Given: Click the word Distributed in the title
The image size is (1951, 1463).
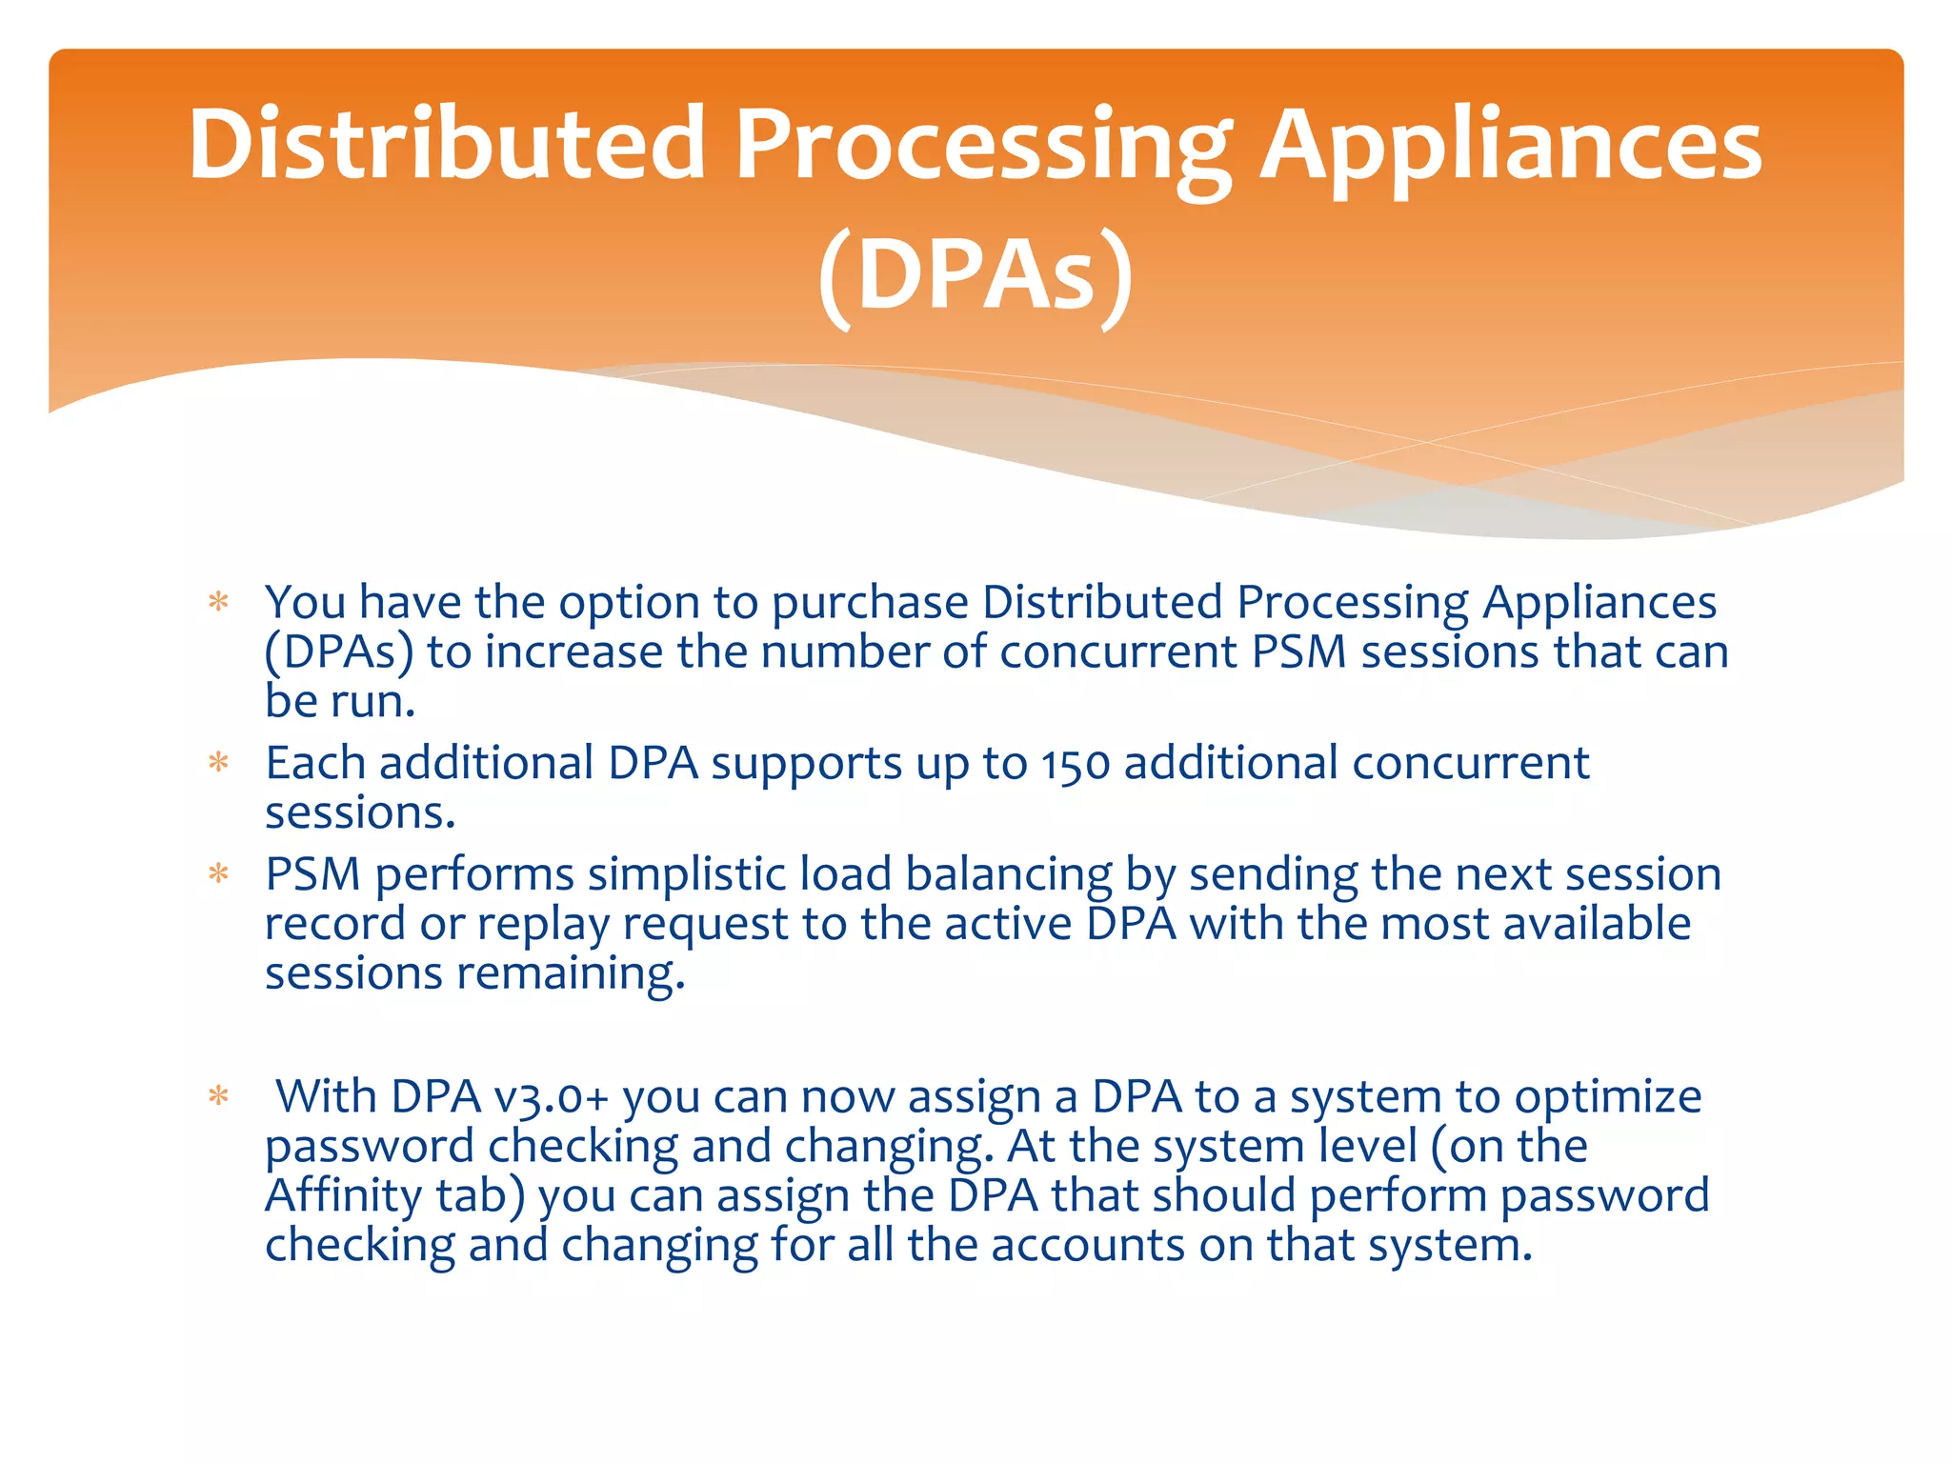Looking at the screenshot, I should (446, 145).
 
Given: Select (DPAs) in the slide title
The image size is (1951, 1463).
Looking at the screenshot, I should (975, 276).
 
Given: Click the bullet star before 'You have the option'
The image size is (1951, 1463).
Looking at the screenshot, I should (219, 603).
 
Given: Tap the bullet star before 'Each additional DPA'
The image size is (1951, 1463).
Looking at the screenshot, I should (219, 764).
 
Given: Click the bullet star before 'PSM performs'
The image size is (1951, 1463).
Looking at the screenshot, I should (219, 874).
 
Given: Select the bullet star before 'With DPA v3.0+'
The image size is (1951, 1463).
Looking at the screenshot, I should (219, 1097).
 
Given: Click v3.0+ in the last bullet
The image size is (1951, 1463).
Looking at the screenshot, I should (552, 1097).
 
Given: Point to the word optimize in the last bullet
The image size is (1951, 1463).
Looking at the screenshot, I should (1608, 1097).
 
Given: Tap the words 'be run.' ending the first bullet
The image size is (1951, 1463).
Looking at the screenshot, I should (340, 702).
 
